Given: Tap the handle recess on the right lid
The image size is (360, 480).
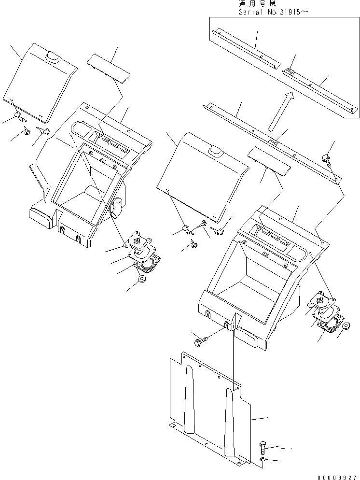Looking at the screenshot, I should (x=213, y=153).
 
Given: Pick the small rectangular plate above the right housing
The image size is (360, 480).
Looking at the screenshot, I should (x=269, y=162).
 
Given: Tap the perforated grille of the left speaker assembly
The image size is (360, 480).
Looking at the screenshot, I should (x=138, y=240).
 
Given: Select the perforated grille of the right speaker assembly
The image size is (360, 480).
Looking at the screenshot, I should (x=321, y=300).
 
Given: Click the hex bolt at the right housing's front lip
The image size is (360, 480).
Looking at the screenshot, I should (x=199, y=342).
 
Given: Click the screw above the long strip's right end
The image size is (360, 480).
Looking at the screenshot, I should (x=326, y=158).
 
